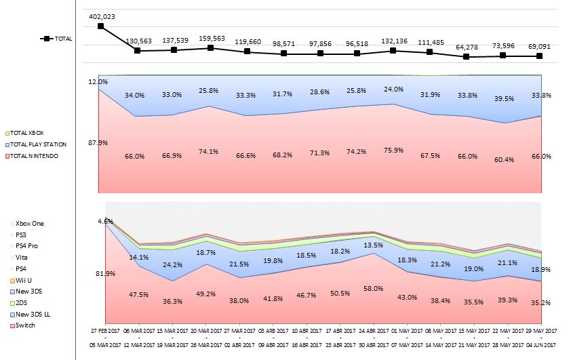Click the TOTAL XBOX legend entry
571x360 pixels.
coord(28,133)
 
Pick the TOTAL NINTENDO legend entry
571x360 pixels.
coord(35,156)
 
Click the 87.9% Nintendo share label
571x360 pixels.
coord(98,142)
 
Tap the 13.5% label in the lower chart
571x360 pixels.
coord(372,245)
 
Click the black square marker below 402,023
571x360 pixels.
coord(101,26)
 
